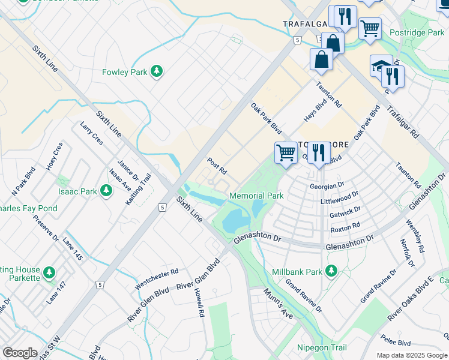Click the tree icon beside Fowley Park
(x=157, y=72)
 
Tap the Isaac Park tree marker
(x=106, y=191)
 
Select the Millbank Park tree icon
(x=330, y=272)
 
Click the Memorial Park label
(x=256, y=196)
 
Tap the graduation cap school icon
(x=381, y=65)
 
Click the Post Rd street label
(x=216, y=164)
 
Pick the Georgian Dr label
(x=327, y=186)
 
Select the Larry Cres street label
(x=91, y=133)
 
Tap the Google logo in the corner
(x=19, y=353)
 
